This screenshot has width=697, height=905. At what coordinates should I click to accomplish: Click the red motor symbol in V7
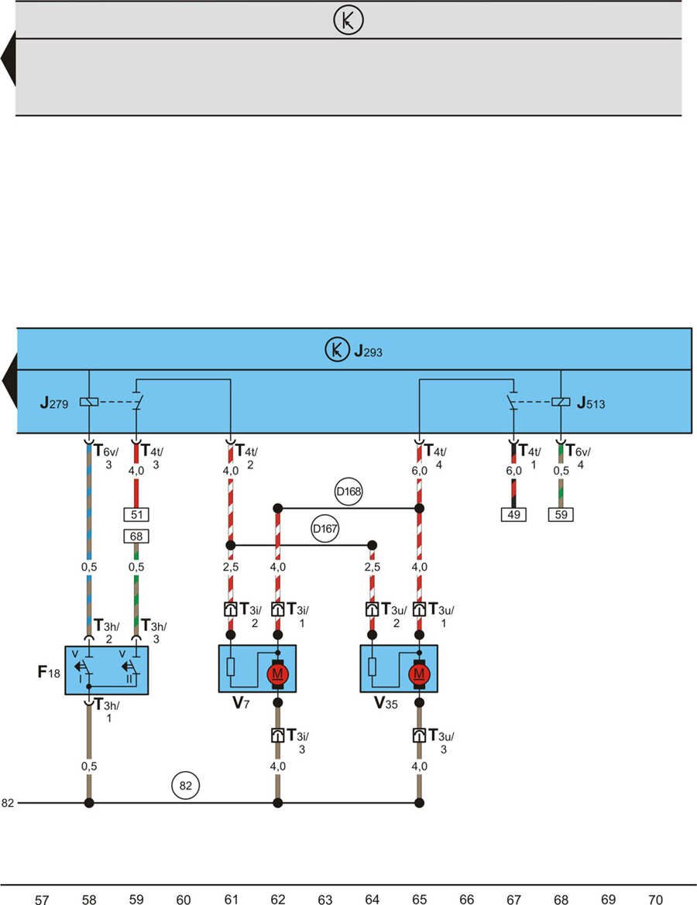(x=277, y=674)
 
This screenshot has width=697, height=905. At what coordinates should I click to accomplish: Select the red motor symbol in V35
(x=419, y=674)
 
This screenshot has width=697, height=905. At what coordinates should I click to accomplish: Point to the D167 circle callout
(x=324, y=528)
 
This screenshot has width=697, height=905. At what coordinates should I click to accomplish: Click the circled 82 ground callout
(x=185, y=786)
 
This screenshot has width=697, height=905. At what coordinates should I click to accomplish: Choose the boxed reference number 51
(x=136, y=514)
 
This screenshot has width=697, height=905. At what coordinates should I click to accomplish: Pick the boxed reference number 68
(x=136, y=536)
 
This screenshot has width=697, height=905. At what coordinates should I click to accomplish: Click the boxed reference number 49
(x=513, y=514)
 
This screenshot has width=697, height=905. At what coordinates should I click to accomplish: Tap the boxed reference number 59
(x=561, y=514)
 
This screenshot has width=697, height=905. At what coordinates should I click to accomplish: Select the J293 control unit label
(x=369, y=352)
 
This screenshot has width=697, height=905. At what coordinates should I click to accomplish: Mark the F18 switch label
(x=48, y=670)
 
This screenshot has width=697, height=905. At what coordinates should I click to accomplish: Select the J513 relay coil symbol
(x=561, y=402)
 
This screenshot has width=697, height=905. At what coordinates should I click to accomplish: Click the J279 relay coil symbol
(x=89, y=402)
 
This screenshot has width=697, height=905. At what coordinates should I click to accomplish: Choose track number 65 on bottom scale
(x=419, y=900)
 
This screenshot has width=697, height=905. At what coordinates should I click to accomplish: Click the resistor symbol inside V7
(x=230, y=667)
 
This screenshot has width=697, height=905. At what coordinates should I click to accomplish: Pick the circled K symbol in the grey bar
(x=348, y=21)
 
